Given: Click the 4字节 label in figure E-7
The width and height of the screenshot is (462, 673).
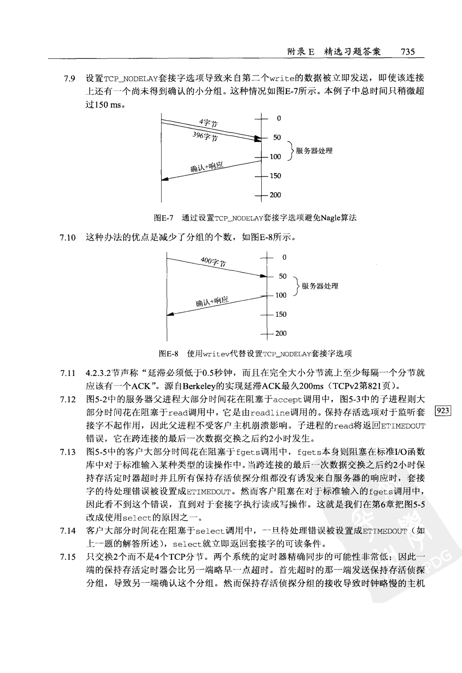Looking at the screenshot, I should pyautogui.click(x=208, y=123).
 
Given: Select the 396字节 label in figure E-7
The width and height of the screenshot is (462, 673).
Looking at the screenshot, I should pyautogui.click(x=205, y=136).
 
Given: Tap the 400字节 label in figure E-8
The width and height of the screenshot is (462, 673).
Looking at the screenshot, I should pyautogui.click(x=213, y=261).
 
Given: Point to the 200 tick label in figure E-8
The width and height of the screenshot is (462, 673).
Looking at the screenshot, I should pyautogui.click(x=281, y=334).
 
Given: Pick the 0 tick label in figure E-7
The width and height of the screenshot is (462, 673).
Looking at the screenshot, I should pyautogui.click(x=279, y=118).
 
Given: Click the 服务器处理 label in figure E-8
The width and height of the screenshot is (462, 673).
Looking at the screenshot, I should pyautogui.click(x=320, y=286).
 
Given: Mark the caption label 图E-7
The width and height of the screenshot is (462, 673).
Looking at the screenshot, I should pyautogui.click(x=164, y=218).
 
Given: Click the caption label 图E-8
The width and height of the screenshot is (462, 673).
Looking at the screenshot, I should pyautogui.click(x=169, y=353).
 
